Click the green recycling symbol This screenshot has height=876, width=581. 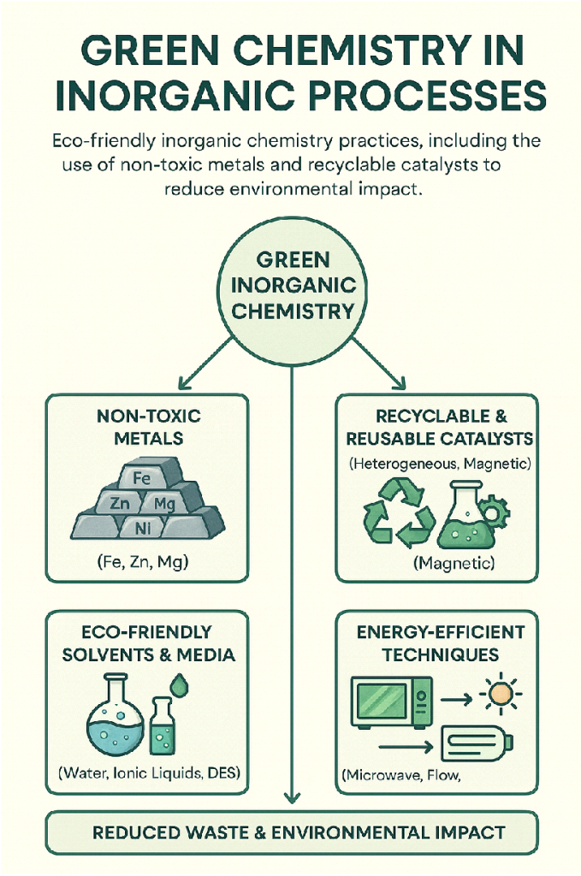[399, 513]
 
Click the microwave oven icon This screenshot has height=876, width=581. [391, 701]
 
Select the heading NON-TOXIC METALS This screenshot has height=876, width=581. [149, 427]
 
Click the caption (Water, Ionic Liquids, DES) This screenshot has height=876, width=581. [149, 773]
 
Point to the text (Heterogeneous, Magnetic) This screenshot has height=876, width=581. [440, 463]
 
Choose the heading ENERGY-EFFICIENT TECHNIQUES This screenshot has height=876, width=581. [440, 643]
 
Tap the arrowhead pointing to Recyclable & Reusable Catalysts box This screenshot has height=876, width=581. [400, 383]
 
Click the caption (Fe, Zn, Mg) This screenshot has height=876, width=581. [142, 562]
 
